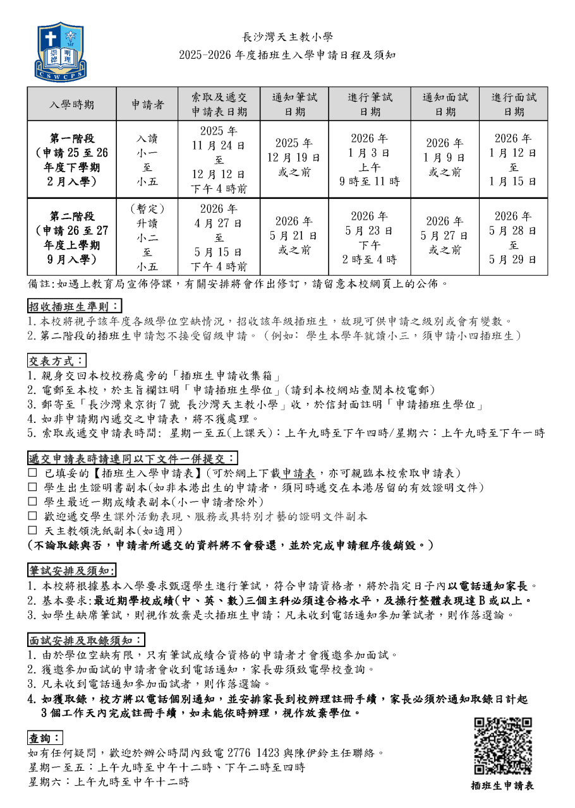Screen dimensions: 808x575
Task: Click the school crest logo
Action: tap(59, 50)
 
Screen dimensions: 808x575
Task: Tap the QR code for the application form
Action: tap(503, 746)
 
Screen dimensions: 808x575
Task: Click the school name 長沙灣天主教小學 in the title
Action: tap(287, 37)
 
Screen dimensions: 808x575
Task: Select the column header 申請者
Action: tap(147, 104)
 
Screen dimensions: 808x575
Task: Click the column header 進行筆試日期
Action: tap(370, 104)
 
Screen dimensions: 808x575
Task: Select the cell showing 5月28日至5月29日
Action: tap(514, 237)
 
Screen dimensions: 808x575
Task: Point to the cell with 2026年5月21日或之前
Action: tap(294, 235)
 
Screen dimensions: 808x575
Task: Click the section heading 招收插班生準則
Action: tap(75, 307)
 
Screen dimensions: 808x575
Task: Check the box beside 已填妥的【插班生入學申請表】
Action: tap(32, 473)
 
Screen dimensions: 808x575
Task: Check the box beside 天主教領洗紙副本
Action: tap(32, 531)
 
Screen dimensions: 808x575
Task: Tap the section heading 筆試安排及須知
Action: tap(71, 571)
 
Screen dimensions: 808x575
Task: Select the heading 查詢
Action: tap(45, 738)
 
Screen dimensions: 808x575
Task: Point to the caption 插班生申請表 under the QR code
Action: tap(502, 786)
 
